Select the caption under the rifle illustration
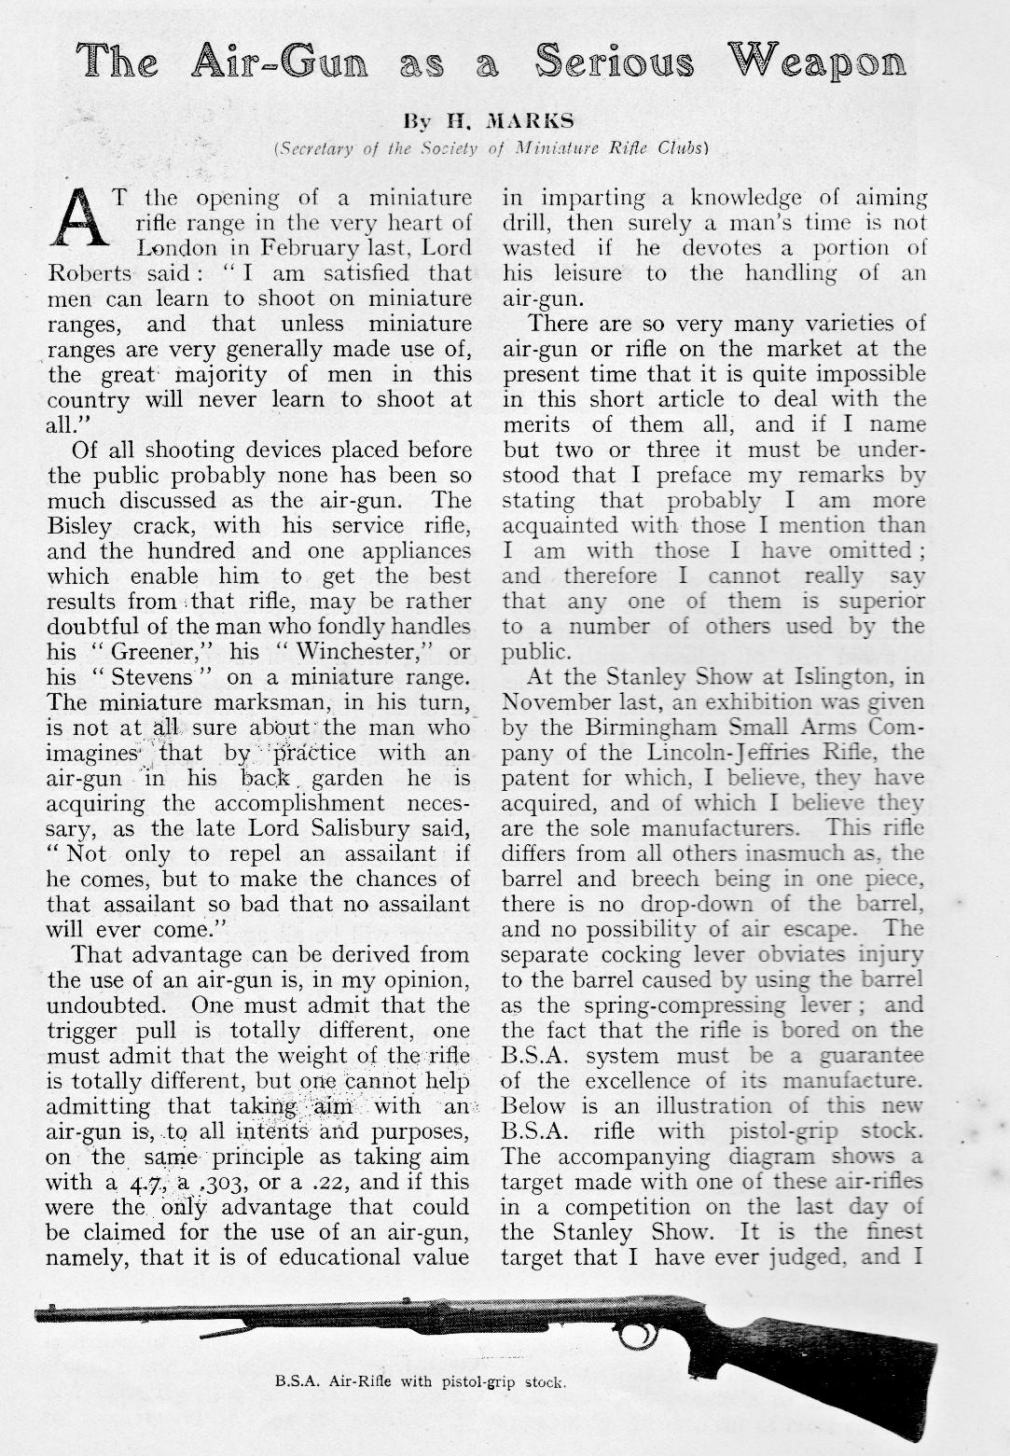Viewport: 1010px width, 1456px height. click(x=421, y=1381)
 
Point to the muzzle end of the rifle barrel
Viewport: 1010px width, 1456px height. click(x=40, y=1314)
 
